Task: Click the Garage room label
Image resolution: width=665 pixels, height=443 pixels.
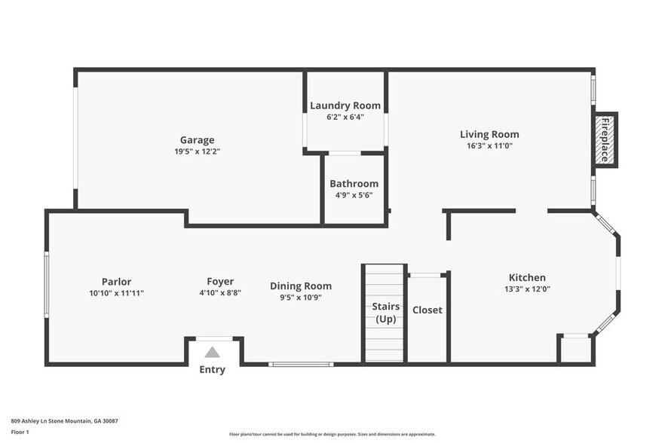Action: (197, 139)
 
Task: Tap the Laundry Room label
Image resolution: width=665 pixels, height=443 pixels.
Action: (345, 105)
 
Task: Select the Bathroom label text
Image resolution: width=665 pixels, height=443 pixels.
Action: (354, 183)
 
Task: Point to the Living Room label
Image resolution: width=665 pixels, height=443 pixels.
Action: (489, 134)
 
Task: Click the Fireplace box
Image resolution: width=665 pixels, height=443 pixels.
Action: (603, 139)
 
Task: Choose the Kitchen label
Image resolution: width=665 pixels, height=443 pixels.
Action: (527, 277)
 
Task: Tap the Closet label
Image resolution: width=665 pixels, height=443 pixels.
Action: (427, 310)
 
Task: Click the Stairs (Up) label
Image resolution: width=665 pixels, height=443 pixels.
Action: (385, 313)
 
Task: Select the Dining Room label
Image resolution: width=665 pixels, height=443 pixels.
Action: (301, 286)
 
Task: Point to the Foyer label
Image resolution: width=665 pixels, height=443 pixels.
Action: (220, 282)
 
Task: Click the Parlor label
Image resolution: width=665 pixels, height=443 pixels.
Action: (117, 282)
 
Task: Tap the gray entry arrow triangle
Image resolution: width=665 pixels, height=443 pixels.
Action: (213, 352)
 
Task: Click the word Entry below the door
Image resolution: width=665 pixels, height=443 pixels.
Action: (212, 370)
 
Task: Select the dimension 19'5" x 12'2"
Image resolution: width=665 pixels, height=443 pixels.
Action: (197, 151)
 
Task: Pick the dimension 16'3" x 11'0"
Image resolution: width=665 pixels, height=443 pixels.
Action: (489, 146)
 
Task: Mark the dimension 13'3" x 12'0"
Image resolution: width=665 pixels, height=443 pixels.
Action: (527, 289)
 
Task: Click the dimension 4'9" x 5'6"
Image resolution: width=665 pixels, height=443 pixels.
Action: (354, 195)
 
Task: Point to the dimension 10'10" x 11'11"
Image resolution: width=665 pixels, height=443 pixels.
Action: (117, 293)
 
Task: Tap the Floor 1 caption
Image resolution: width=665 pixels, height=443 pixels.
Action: (20, 432)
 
